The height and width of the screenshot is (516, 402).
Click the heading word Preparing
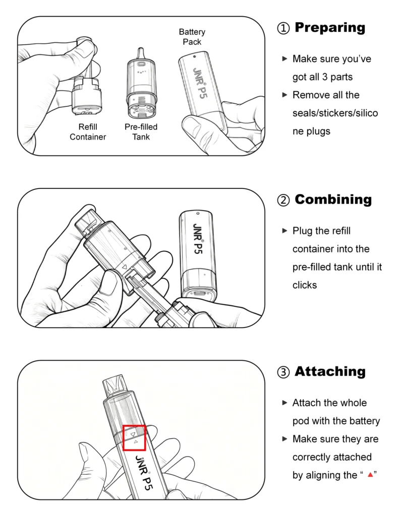330,28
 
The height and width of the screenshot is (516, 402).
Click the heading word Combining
333,200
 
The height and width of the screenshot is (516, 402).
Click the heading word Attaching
330,371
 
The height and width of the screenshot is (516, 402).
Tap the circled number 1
283,28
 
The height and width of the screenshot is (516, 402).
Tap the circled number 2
283,200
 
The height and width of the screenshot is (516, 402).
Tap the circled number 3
283,372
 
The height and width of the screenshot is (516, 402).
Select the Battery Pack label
192,37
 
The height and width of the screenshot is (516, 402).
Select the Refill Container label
88,132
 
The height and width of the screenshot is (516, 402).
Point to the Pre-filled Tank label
141,132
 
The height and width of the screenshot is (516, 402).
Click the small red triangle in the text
370,475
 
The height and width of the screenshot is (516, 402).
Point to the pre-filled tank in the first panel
141,84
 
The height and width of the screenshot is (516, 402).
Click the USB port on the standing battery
199,293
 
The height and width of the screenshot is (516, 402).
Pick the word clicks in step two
305,285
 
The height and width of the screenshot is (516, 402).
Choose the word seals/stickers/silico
335,113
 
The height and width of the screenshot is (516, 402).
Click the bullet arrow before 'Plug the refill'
285,231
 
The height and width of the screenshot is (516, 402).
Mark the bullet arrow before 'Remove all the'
285,95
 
